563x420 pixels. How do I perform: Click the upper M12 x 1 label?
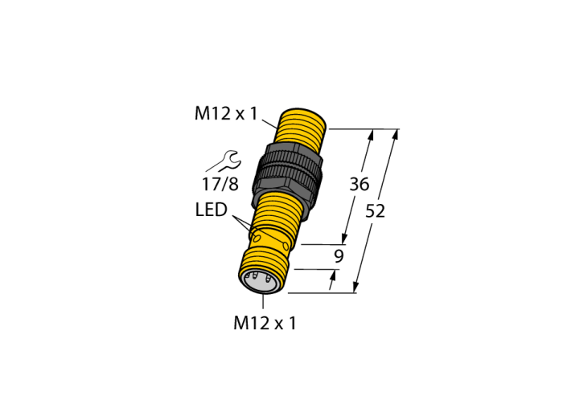pyautogui.click(x=226, y=113)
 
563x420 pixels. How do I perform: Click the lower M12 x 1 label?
pyautogui.click(x=265, y=323)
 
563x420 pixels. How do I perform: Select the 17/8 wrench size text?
pyautogui.click(x=220, y=184)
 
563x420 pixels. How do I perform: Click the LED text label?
pyautogui.click(x=211, y=210)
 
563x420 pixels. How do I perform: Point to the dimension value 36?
pyautogui.click(x=360, y=184)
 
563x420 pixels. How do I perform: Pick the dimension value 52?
pyautogui.click(x=376, y=211)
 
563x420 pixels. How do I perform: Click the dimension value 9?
pyautogui.click(x=339, y=256)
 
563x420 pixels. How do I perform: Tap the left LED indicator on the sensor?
pyautogui.click(x=257, y=238)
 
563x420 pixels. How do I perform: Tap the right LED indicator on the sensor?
pyautogui.click(x=286, y=247)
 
